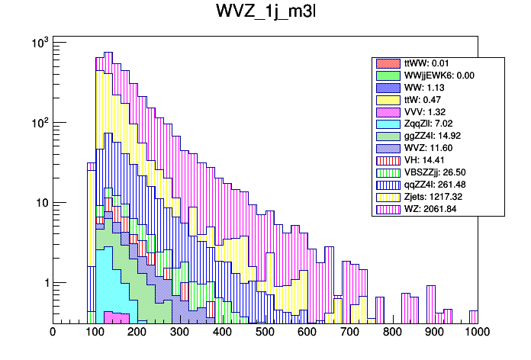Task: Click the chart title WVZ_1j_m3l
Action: click(264, 14)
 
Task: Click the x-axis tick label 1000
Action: click(477, 333)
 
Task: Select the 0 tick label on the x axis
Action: click(53, 333)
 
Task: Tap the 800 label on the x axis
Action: click(392, 333)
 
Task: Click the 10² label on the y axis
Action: click(38, 122)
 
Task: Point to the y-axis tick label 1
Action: click(43, 283)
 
